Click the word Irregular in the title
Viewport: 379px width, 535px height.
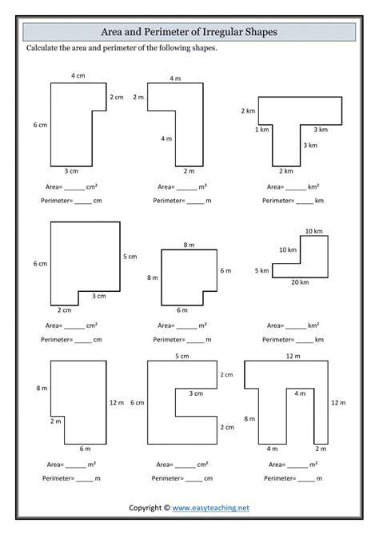[222, 32]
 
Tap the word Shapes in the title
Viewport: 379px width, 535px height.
[261, 33]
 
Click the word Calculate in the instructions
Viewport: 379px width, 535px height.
[42, 48]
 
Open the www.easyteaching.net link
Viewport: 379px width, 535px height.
[210, 508]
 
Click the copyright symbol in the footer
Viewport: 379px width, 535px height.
[166, 508]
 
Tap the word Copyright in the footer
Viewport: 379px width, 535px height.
[145, 508]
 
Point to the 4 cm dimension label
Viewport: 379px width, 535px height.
[78, 76]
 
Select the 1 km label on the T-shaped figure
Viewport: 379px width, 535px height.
[262, 130]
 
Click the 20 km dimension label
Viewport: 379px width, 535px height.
[300, 282]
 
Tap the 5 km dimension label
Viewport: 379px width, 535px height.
[262, 270]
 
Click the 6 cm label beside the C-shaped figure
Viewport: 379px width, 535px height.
[138, 402]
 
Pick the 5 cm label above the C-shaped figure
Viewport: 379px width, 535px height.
[182, 356]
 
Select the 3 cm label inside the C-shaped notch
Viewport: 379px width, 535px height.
[196, 393]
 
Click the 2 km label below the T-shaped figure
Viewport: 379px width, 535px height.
[286, 171]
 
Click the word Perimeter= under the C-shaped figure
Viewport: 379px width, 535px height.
[167, 478]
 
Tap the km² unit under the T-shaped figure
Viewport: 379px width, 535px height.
[313, 186]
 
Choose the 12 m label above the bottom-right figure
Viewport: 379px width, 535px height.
[293, 356]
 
